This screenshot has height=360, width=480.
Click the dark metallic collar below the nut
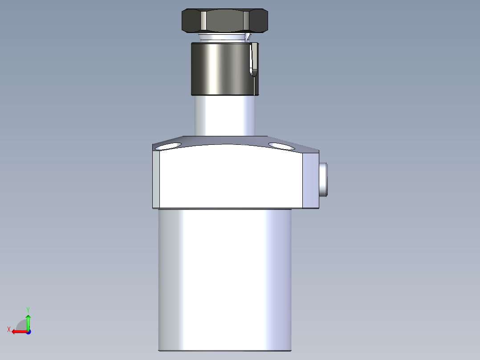(218, 69)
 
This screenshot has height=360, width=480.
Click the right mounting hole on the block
(281, 145)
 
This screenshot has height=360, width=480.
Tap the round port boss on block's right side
(324, 179)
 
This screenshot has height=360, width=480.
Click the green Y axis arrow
(28, 321)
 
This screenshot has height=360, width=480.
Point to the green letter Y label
(28, 309)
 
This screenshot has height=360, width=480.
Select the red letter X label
(9, 329)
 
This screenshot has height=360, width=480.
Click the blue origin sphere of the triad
(28, 331)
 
